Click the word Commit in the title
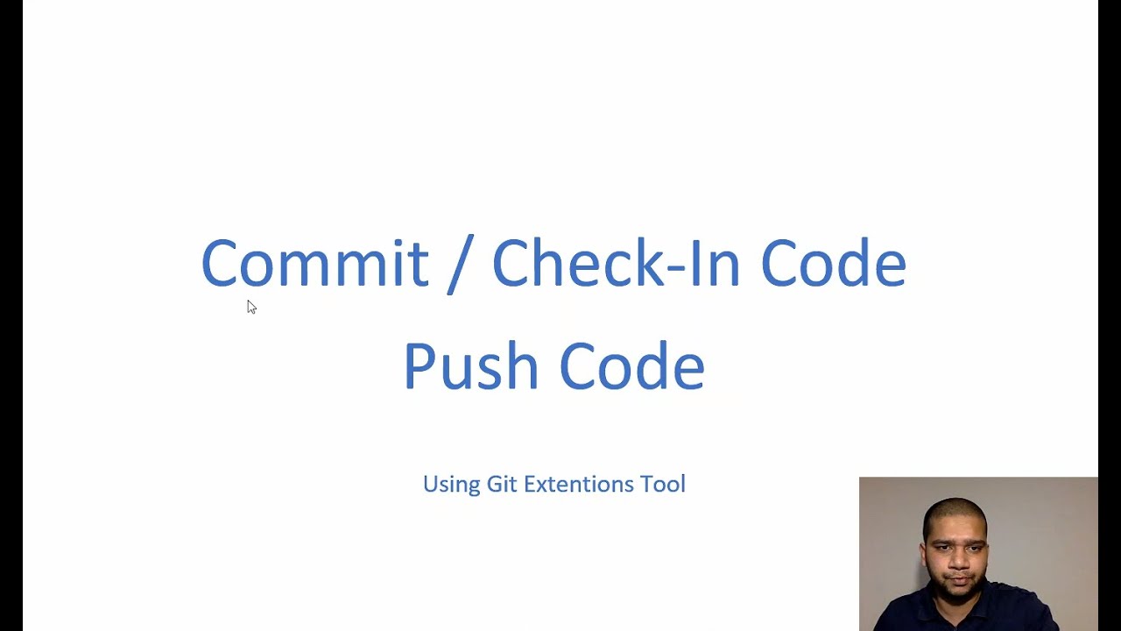click(x=314, y=263)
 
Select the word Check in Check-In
click(x=578, y=263)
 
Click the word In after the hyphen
click(x=716, y=263)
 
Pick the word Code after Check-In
click(x=833, y=263)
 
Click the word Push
click(x=470, y=366)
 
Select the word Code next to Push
click(x=631, y=366)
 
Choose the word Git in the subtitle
click(x=502, y=484)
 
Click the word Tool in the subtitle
click(x=663, y=484)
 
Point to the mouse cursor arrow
click(x=251, y=306)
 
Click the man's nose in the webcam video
click(x=955, y=550)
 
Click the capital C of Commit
click(x=218, y=263)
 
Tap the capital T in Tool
click(x=647, y=484)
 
